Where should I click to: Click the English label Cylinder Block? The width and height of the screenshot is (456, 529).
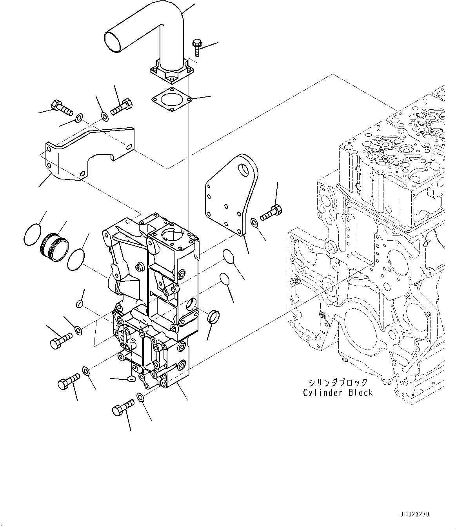(338, 393)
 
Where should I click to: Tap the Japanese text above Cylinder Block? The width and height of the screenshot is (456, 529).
(338, 382)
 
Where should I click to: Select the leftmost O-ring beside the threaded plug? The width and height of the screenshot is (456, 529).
(32, 234)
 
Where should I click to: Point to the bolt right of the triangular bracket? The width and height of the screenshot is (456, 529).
(270, 212)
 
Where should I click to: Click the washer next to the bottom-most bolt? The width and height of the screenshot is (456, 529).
(141, 397)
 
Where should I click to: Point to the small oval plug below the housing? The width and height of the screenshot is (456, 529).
(131, 379)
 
